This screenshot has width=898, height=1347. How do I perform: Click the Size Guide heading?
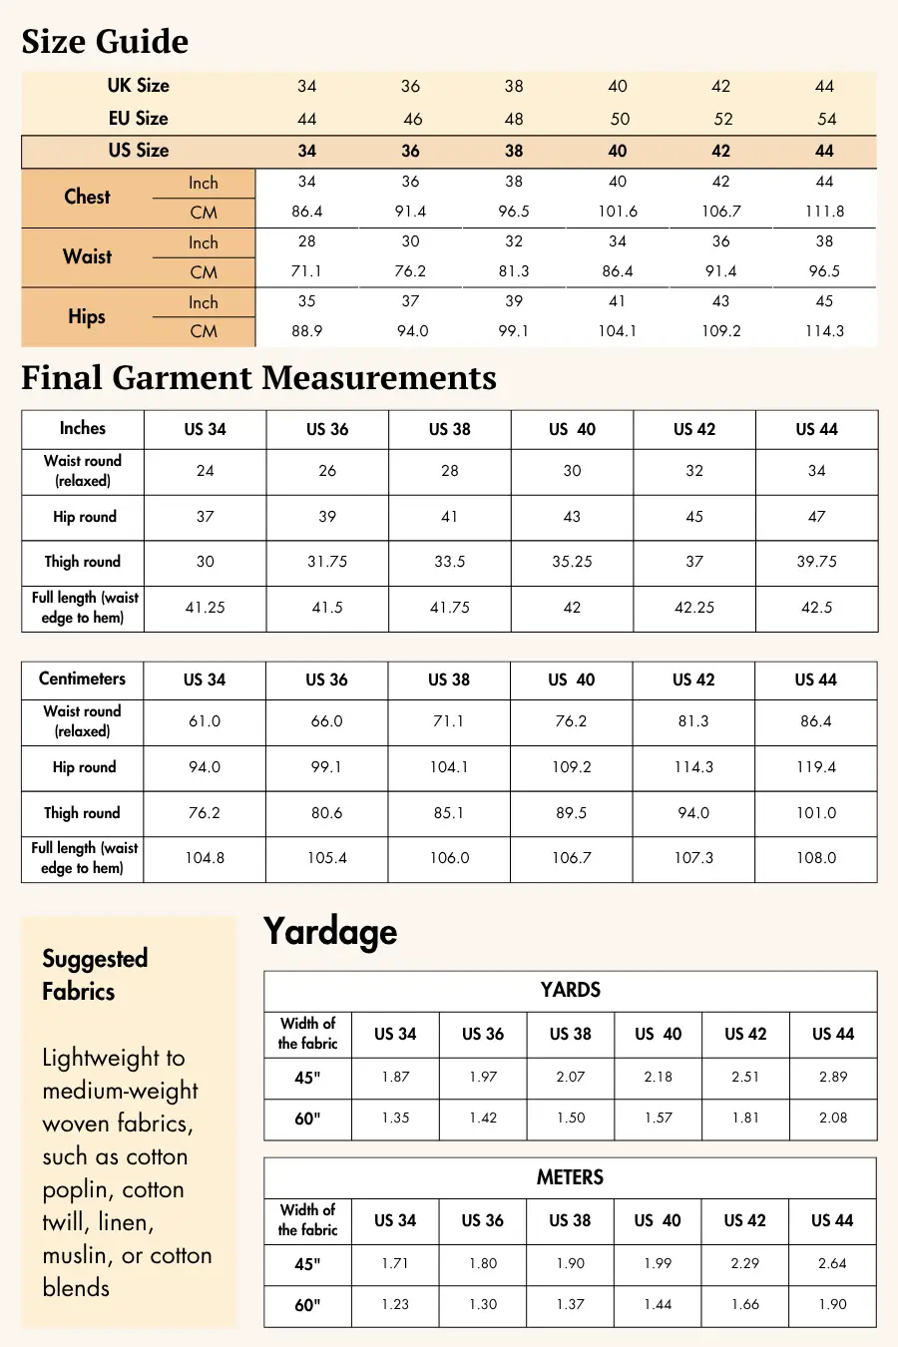105,42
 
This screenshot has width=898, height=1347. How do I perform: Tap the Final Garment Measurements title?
258,378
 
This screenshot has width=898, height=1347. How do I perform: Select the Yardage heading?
330,932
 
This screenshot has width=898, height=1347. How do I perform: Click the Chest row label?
88,197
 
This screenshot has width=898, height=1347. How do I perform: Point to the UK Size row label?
139,86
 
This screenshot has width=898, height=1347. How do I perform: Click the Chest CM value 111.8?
824,212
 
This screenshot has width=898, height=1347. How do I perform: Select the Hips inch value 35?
307,301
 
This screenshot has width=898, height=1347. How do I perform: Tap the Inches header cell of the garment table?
82,428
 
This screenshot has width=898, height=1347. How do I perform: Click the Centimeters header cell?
82,678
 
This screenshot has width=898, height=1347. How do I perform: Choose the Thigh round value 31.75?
327,562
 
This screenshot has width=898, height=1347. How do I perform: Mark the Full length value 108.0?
816,858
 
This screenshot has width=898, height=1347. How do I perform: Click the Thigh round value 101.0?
816,813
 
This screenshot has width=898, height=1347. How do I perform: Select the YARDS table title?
570,990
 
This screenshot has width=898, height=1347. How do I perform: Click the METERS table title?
570,1177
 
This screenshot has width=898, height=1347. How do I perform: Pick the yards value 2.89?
833,1077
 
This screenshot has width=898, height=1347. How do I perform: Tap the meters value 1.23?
395,1304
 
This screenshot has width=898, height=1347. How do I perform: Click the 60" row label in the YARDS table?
307,1119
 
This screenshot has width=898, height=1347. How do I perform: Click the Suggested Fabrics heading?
95,975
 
